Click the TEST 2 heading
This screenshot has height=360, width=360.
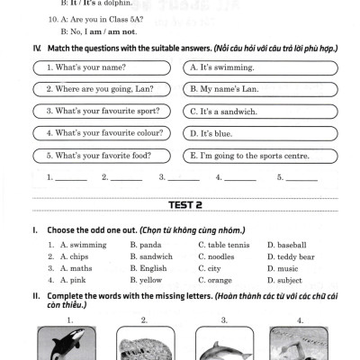[185, 205]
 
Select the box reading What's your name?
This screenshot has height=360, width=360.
[102, 67]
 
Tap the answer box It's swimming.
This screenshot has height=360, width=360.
[260, 68]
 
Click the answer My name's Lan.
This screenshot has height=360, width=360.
[260, 89]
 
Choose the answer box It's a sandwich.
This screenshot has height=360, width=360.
[260, 112]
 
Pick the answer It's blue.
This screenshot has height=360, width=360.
[260, 133]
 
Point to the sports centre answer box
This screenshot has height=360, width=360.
[260, 156]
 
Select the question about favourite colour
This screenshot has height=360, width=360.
[102, 133]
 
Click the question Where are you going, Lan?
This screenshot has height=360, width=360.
[102, 89]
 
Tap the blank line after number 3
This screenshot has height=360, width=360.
[184, 180]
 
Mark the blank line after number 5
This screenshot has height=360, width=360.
[301, 180]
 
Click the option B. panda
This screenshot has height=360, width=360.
[146, 245]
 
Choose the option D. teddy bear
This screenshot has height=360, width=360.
[291, 257]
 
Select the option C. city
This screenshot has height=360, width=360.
[210, 269]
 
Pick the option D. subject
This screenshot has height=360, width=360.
[284, 281]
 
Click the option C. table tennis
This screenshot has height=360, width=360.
[224, 245]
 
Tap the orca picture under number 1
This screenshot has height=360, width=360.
[67, 343]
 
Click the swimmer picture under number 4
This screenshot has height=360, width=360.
[299, 343]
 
